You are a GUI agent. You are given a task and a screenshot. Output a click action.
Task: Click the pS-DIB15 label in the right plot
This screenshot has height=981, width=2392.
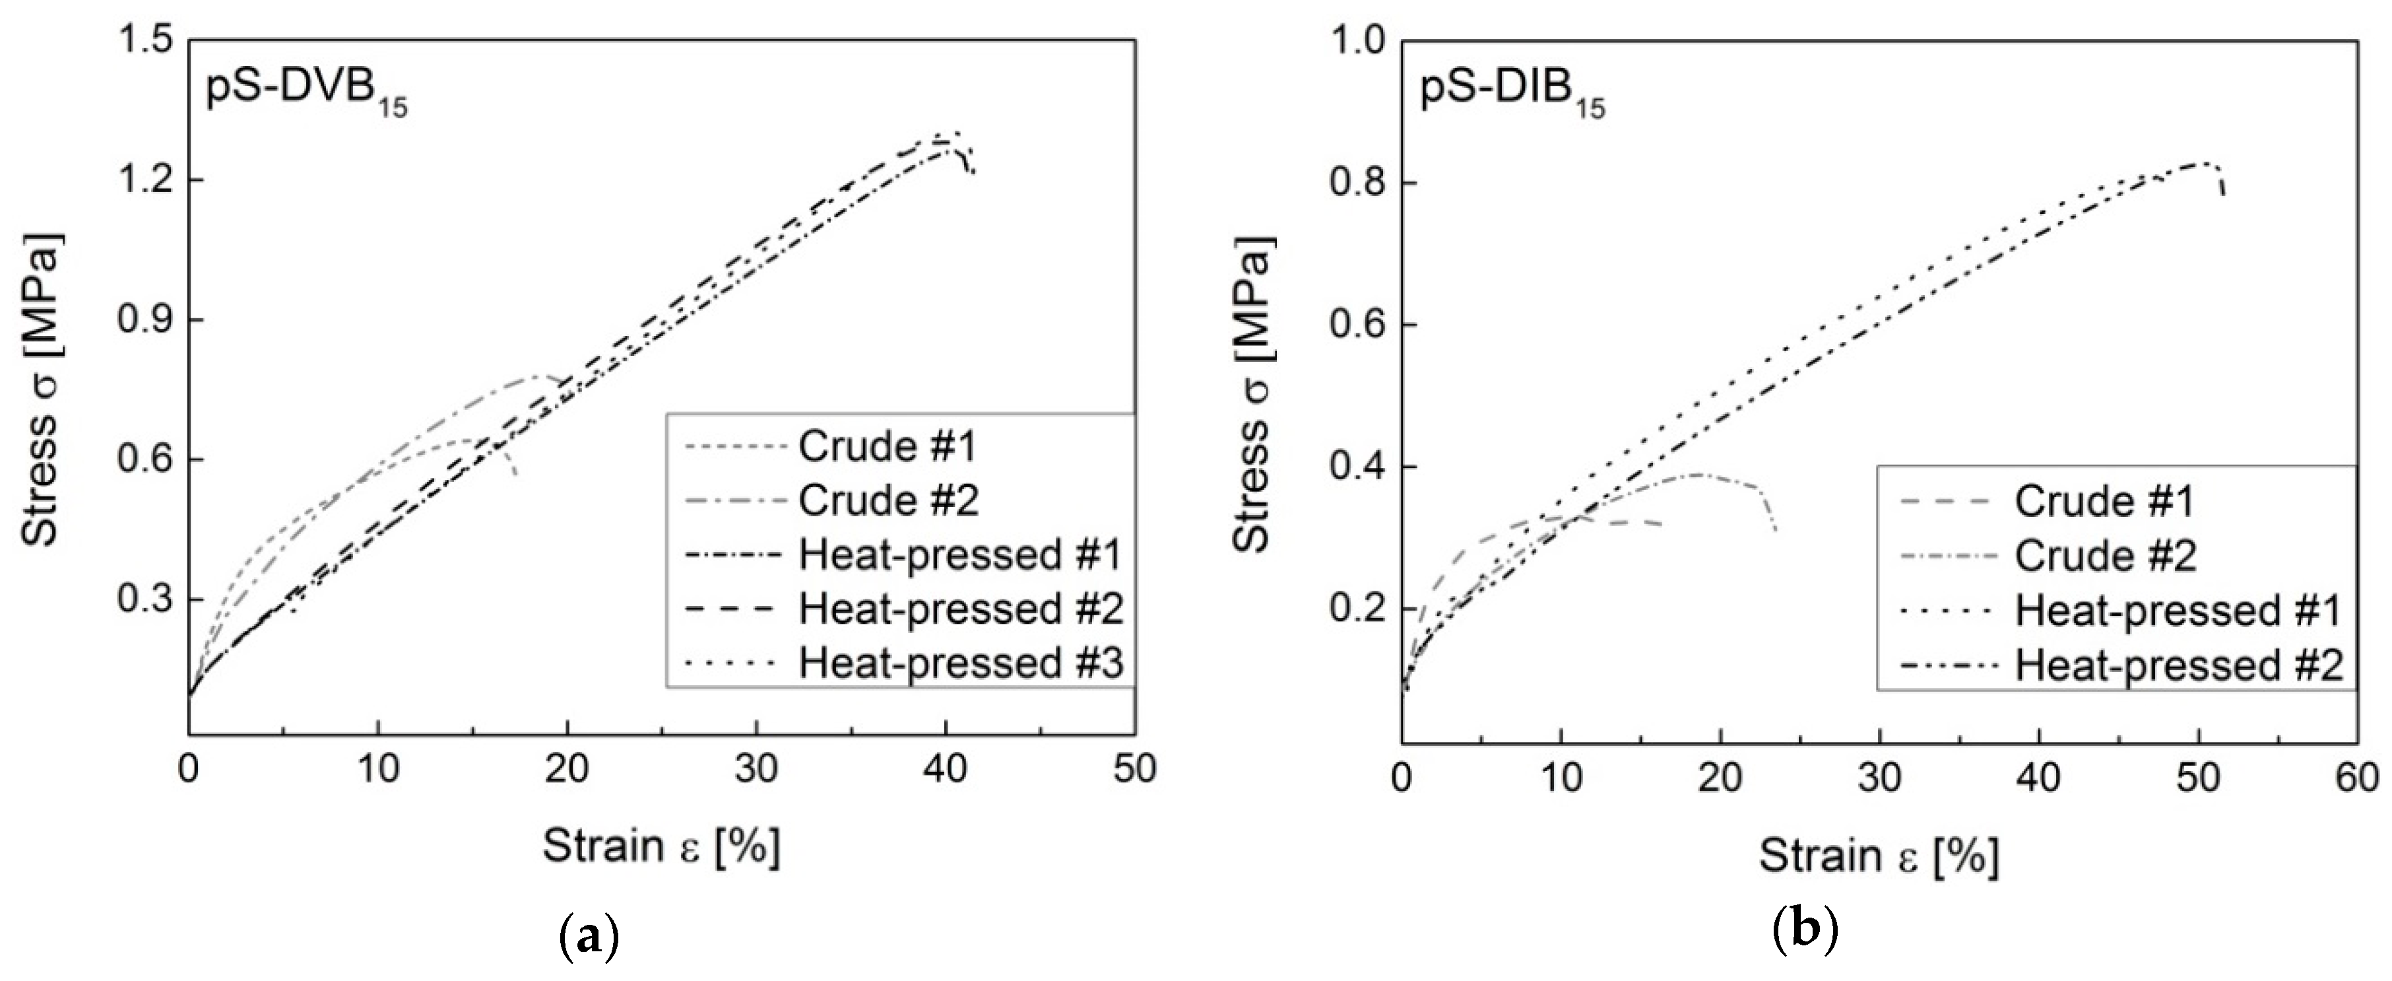pos(1511,96)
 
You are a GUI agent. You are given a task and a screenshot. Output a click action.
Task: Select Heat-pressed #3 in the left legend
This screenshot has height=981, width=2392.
pos(960,663)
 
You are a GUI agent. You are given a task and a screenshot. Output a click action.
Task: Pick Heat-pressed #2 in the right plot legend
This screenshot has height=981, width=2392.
pos(2178,665)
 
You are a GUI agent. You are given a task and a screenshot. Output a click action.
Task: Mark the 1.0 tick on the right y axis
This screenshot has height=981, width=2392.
pos(1359,42)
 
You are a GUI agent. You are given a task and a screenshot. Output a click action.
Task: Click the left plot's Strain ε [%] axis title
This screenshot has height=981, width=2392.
pos(661,847)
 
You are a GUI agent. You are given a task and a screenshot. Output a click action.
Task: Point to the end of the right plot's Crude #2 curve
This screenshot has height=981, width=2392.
pos(1776,531)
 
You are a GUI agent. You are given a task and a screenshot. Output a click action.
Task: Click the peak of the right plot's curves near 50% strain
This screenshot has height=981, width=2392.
pos(2199,162)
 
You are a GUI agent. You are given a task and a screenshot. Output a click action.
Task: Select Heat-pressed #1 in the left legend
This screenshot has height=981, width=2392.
pos(960,556)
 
